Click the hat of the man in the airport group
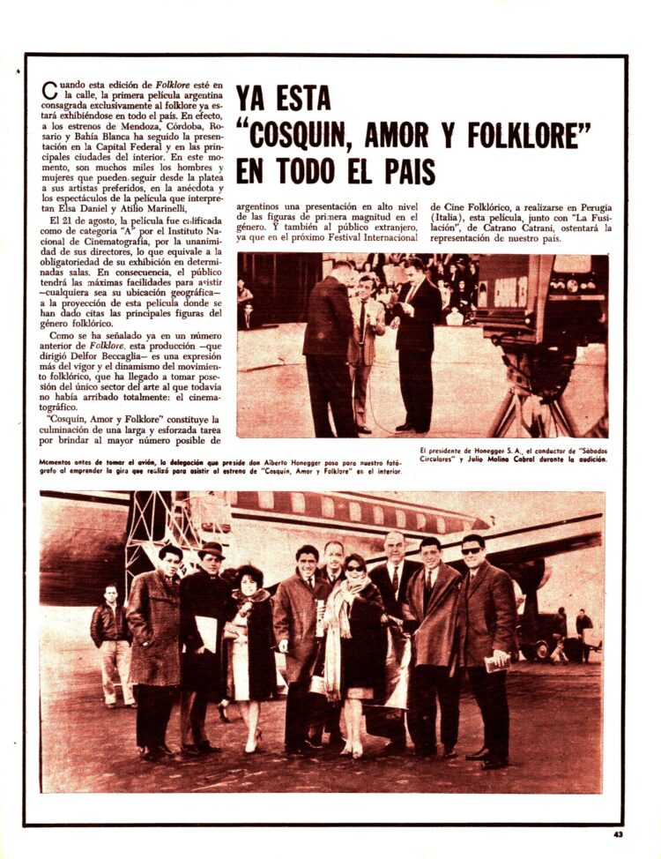(212, 549)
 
